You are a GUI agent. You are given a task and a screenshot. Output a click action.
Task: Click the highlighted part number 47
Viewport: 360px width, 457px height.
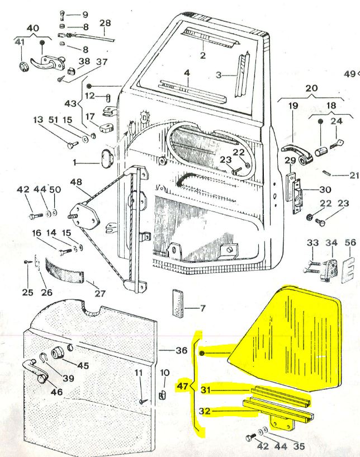coord(182,386)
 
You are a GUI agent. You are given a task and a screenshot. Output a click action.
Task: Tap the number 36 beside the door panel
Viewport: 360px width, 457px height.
coord(181,350)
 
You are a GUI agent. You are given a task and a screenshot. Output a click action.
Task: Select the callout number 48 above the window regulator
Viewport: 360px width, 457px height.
coord(76,182)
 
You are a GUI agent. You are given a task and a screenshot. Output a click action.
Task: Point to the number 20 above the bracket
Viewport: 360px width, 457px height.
coord(311,88)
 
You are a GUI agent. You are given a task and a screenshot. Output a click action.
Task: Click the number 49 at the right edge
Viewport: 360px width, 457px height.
coord(350,74)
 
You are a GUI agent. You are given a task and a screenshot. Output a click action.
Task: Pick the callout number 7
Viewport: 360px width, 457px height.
coord(203,308)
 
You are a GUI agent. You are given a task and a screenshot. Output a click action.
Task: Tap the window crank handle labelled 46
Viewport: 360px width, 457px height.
coord(36,371)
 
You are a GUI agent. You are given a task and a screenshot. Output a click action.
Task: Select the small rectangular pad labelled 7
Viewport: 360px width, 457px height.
coord(177,303)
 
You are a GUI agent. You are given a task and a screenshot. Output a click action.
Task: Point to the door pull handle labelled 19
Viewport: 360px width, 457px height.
coord(296,153)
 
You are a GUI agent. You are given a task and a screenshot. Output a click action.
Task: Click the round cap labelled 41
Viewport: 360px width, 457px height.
coord(23,67)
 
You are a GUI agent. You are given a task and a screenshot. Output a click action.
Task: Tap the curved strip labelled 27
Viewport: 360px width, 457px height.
coord(65,270)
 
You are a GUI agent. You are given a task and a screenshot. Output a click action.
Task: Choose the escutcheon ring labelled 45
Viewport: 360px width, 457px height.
coord(58,354)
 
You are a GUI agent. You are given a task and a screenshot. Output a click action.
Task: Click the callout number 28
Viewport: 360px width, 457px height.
coord(105,23)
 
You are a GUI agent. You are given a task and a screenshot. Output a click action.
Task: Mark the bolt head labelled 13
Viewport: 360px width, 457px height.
coord(72,144)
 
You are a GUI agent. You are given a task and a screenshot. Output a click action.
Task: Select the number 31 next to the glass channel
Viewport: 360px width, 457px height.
coord(205,390)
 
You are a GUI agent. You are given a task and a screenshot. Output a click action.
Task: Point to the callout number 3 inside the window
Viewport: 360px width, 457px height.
coord(219,75)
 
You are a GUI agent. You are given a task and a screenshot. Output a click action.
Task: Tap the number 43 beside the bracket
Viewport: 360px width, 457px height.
coord(70,103)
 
